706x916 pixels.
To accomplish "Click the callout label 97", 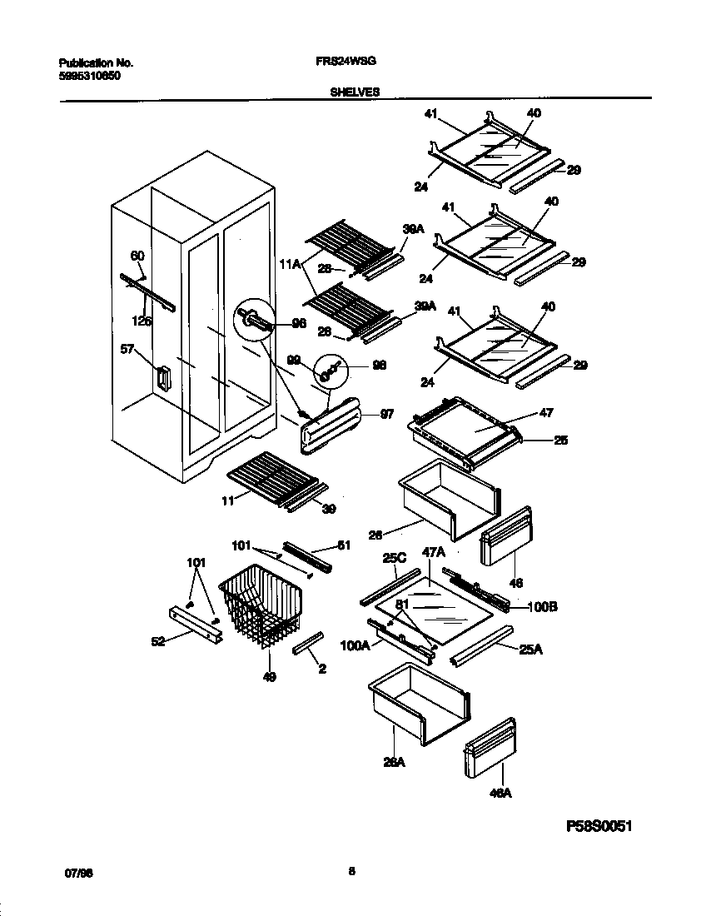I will pos(385,416).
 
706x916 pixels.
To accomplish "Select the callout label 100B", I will pos(542,607).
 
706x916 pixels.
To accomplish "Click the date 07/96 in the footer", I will pos(77,872).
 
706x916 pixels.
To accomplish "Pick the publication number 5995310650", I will pos(89,75).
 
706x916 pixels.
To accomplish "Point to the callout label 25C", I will pos(393,560).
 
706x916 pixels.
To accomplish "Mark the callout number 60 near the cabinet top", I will pos(137,256).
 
